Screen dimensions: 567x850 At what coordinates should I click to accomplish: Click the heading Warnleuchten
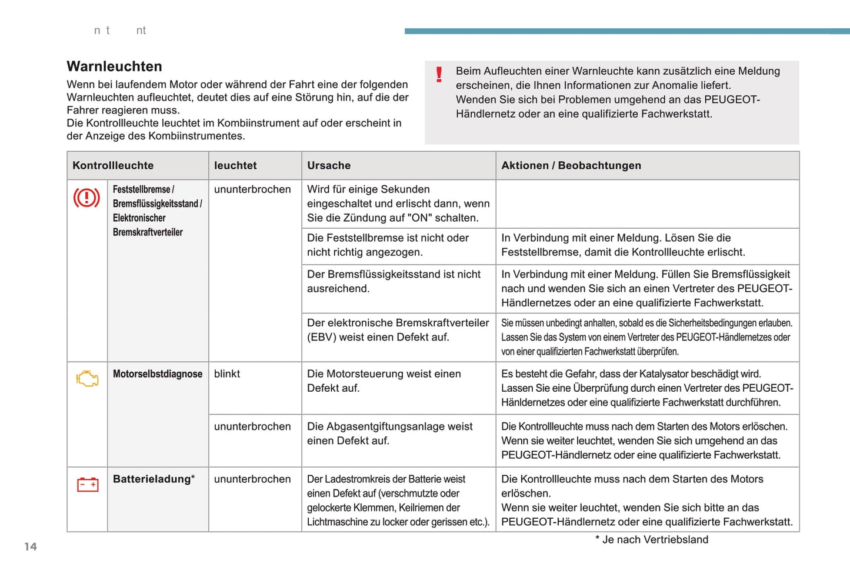pyautogui.click(x=114, y=66)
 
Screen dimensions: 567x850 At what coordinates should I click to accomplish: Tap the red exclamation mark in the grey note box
pyautogui.click(x=439, y=75)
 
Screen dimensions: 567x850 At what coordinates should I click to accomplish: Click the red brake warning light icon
pyautogui.click(x=86, y=198)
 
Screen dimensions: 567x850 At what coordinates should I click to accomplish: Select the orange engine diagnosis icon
pyautogui.click(x=87, y=379)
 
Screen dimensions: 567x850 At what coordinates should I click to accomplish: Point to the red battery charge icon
pyautogui.click(x=88, y=485)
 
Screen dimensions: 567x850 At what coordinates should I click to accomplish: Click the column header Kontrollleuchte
pyautogui.click(x=113, y=166)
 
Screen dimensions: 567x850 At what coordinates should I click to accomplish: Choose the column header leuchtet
pyautogui.click(x=235, y=166)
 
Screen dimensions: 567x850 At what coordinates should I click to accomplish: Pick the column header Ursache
pyautogui.click(x=329, y=166)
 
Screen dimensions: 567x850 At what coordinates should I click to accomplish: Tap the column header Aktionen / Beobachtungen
pyautogui.click(x=571, y=166)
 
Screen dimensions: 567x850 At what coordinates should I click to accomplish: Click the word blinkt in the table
pyautogui.click(x=227, y=374)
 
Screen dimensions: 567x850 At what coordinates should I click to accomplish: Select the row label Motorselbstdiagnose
pyautogui.click(x=158, y=374)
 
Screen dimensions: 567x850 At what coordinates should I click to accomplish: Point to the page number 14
pyautogui.click(x=31, y=547)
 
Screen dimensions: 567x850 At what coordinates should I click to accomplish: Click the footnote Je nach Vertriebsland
pyautogui.click(x=655, y=540)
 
